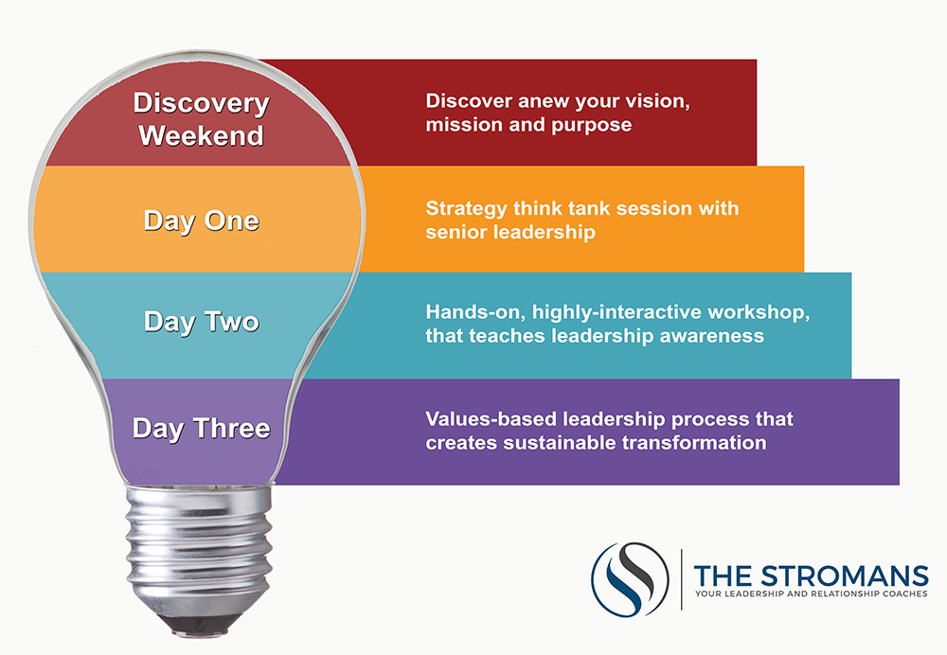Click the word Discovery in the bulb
[x=201, y=104]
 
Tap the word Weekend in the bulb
[x=201, y=135]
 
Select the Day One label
[x=201, y=221]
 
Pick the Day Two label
[x=201, y=323]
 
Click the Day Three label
[x=201, y=429]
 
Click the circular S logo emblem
[x=630, y=579]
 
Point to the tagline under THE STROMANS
[x=812, y=594]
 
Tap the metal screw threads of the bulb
[x=199, y=546]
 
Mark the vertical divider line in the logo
[x=682, y=579]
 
